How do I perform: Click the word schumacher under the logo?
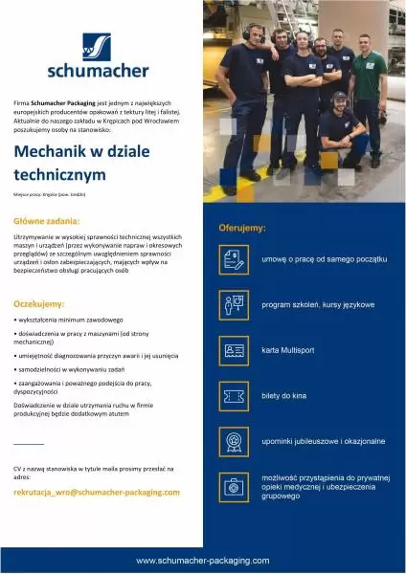pyautogui.click(x=97, y=70)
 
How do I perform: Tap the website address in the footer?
pyautogui.click(x=202, y=561)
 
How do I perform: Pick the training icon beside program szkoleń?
pyautogui.click(x=234, y=305)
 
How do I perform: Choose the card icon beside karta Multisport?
pyautogui.click(x=234, y=351)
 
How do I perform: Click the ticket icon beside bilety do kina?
pyautogui.click(x=234, y=396)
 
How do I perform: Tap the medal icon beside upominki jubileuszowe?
pyautogui.click(x=234, y=441)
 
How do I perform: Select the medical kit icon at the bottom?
pyautogui.click(x=234, y=487)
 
